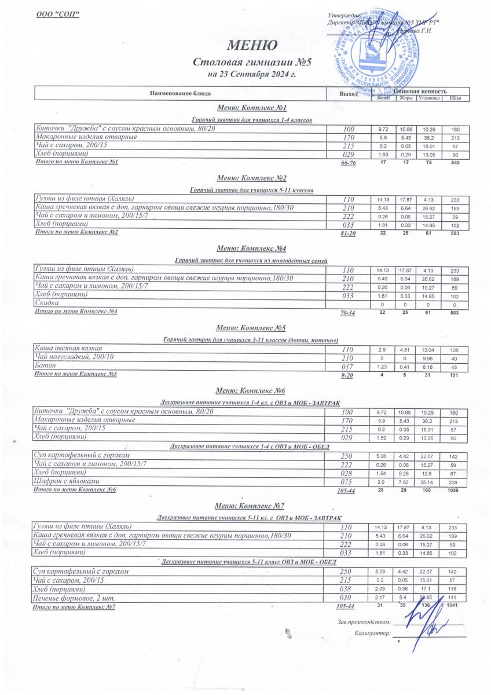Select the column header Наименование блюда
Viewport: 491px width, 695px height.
180,93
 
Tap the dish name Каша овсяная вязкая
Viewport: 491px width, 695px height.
69,348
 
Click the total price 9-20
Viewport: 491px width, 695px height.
347,376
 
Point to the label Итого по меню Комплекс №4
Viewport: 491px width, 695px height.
77,312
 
